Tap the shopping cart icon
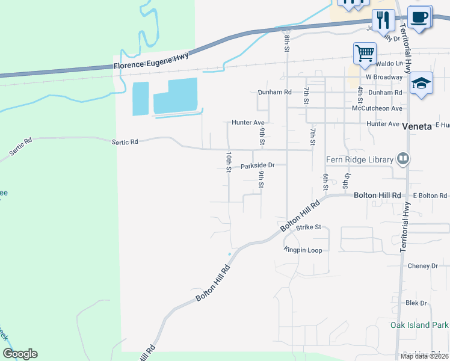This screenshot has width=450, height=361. click(365, 53)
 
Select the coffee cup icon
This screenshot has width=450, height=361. click(420, 17)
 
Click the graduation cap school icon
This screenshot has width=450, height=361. click(422, 84)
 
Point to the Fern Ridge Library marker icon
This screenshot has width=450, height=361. click(403, 159)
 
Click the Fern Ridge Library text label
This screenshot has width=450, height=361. click(360, 160)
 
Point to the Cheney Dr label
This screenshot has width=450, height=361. click(422, 266)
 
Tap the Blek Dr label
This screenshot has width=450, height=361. click(416, 303)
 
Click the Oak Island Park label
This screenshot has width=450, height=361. click(419, 326)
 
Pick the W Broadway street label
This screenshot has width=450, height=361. click(384, 78)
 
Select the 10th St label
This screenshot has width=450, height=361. click(229, 162)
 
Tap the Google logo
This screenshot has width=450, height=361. click(20, 354)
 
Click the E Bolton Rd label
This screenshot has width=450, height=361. click(430, 196)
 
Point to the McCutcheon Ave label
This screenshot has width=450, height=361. click(377, 109)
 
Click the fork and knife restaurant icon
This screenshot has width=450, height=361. click(382, 20)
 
